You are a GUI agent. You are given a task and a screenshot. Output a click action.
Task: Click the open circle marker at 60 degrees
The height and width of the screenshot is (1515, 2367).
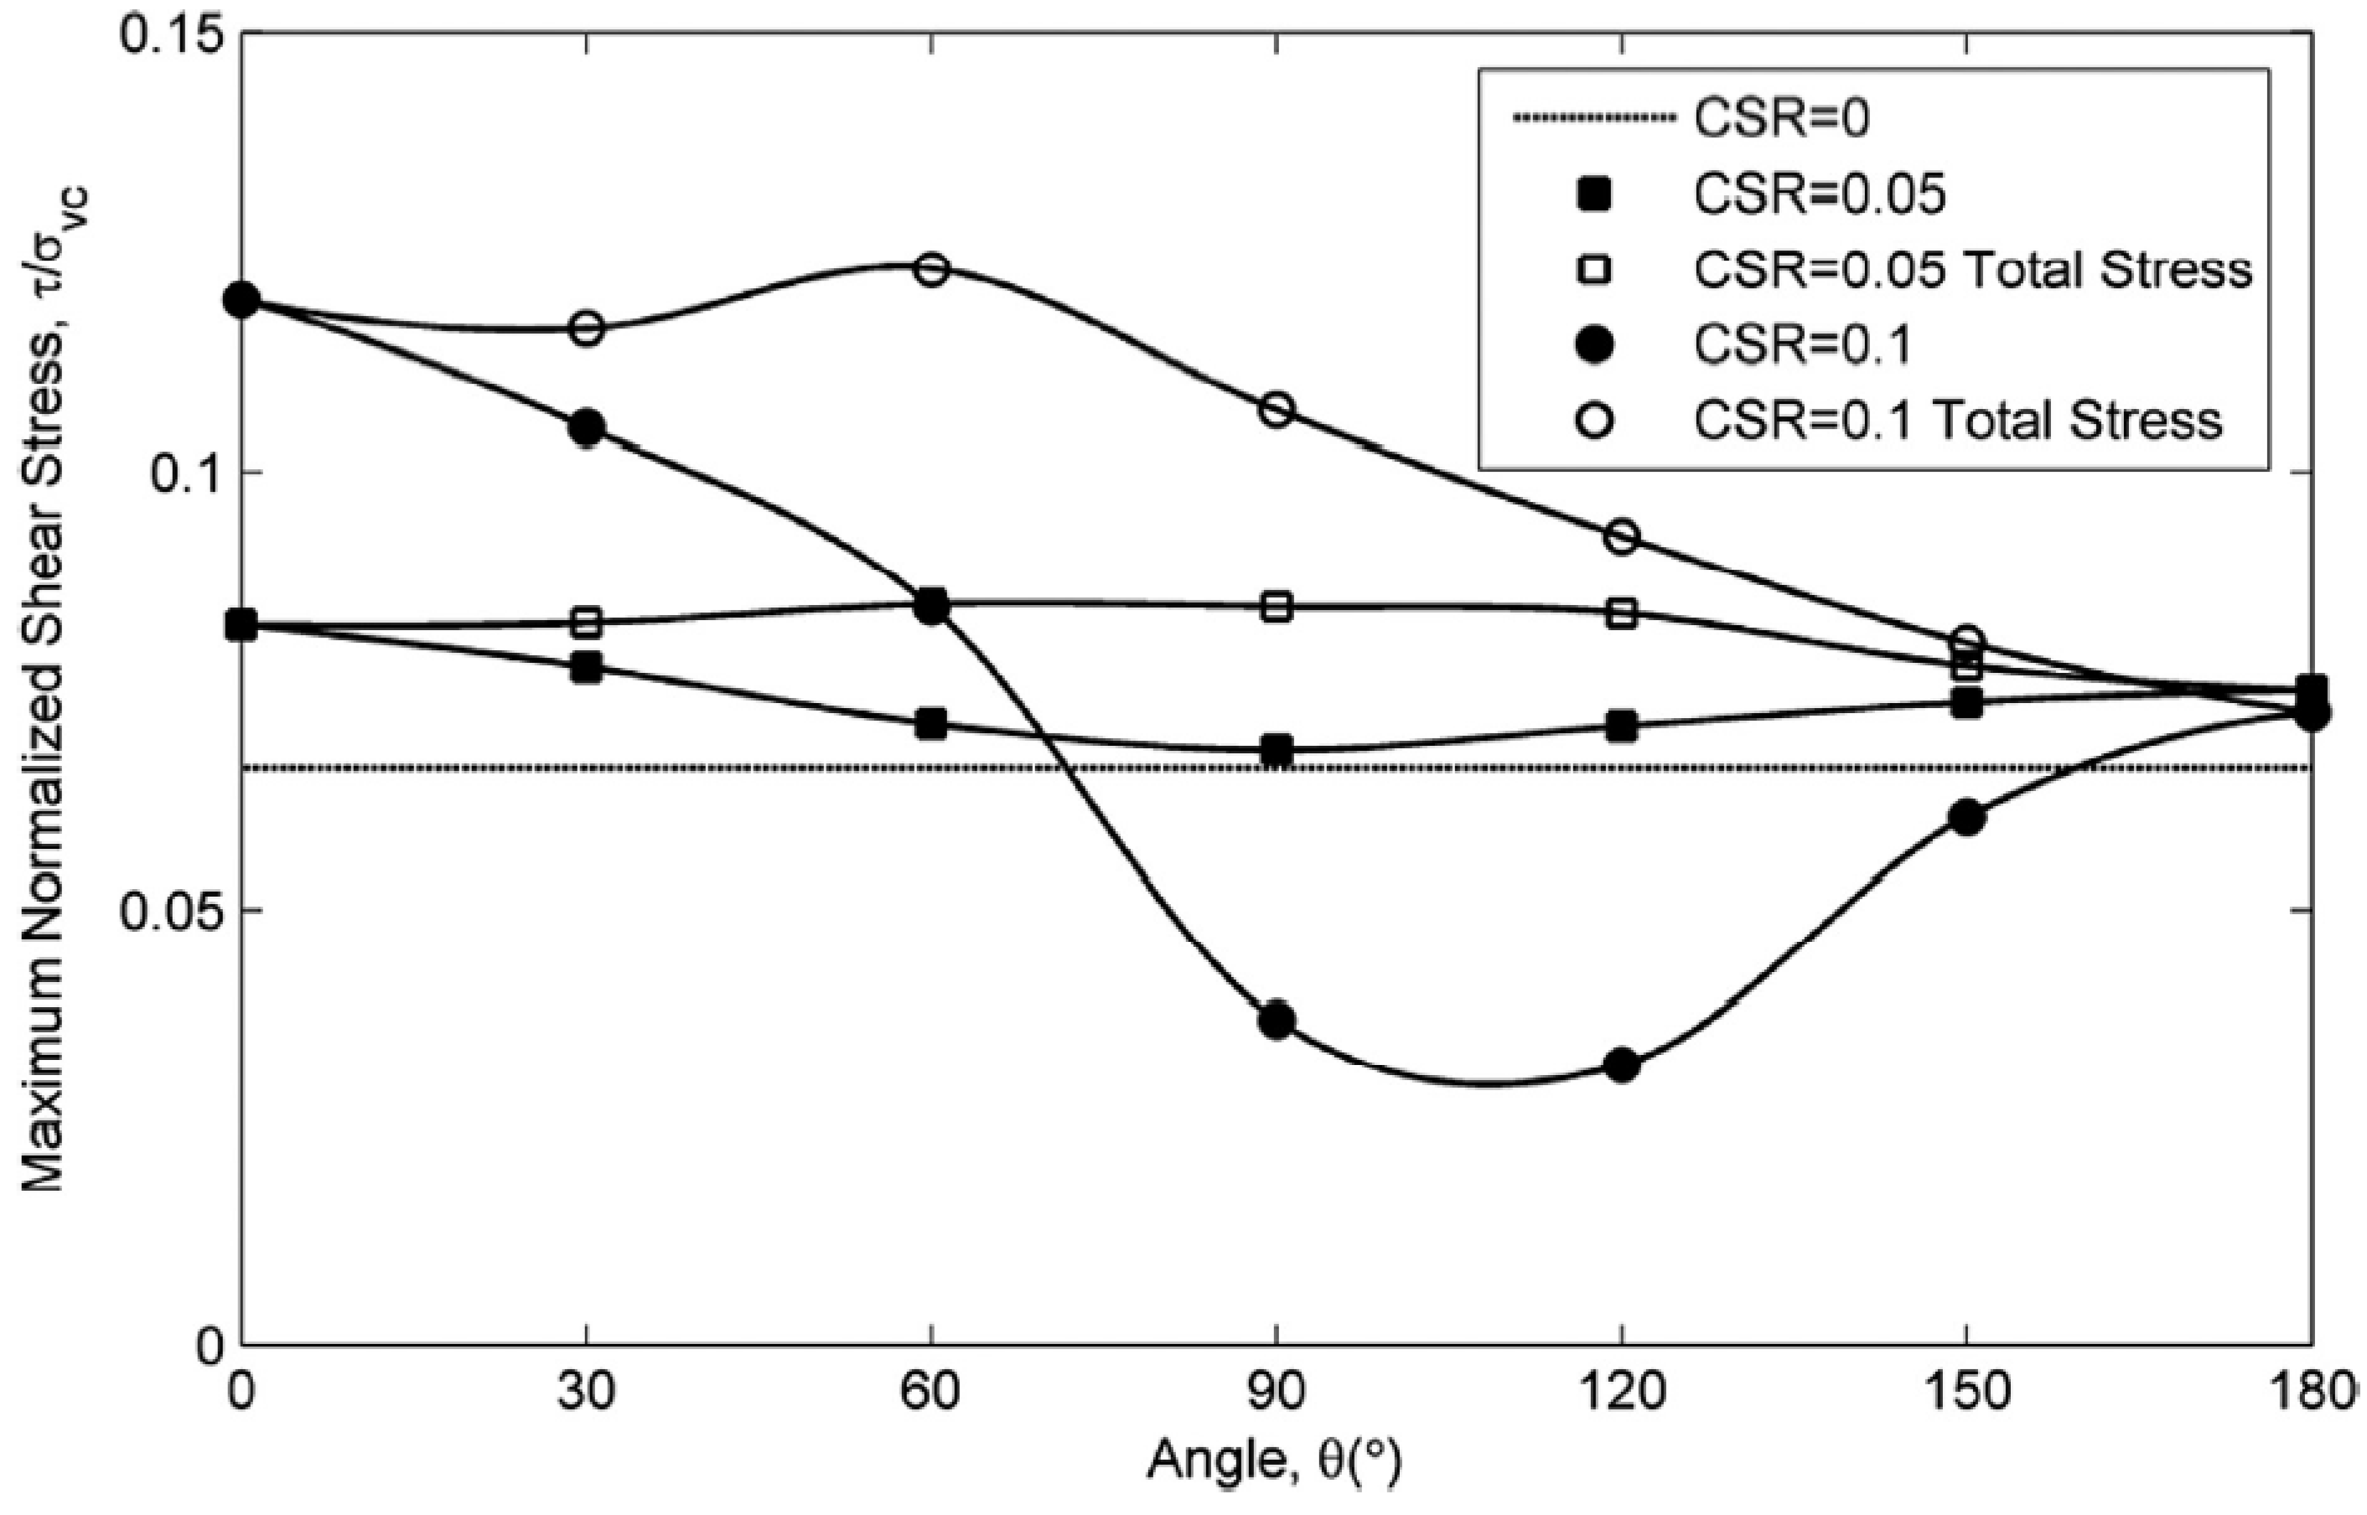tap(932, 269)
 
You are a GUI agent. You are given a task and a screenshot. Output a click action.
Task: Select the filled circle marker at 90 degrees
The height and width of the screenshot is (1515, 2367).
tap(1276, 1020)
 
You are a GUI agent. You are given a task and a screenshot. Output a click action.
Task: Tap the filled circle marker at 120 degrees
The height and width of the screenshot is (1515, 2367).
tap(1621, 1064)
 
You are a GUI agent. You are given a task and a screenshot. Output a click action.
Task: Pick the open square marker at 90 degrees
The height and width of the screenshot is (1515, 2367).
tap(1276, 607)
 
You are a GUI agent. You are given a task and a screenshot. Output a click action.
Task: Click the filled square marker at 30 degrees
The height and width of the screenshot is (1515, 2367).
tap(587, 668)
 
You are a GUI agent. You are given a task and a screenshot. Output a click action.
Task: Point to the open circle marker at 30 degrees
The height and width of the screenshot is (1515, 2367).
tap(588, 328)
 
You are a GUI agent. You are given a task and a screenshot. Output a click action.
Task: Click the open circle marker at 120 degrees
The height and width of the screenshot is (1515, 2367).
tap(1621, 537)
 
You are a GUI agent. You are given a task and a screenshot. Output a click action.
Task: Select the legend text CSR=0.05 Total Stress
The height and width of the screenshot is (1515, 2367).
tap(1972, 271)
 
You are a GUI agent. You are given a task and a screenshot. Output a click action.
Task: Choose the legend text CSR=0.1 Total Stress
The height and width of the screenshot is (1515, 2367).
tap(1958, 421)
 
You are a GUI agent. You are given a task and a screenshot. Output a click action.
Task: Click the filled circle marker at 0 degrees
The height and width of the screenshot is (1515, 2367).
tap(242, 300)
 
